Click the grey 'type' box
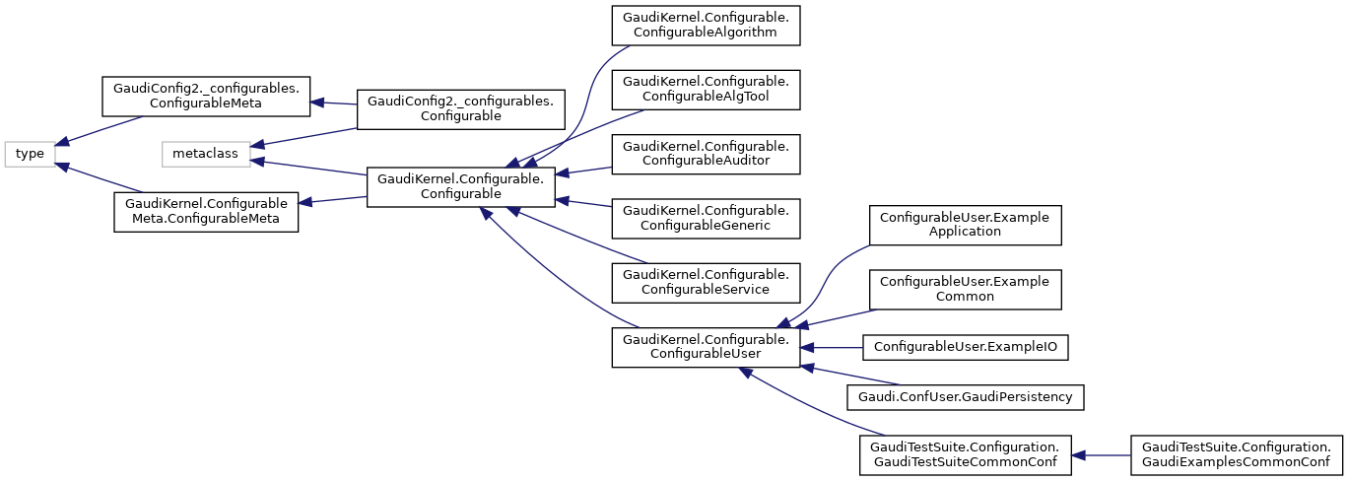click(30, 154)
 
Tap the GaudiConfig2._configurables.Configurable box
click(460, 107)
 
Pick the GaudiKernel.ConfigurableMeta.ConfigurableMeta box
click(206, 212)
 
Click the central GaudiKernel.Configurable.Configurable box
click(460, 187)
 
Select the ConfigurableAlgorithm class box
click(705, 25)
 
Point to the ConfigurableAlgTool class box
click(705, 89)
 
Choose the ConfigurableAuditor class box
click(705, 154)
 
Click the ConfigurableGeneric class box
click(705, 218)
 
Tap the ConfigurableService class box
click(705, 283)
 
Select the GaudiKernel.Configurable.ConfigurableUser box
click(705, 347)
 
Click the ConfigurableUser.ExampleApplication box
click(964, 224)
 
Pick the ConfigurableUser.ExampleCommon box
click(964, 289)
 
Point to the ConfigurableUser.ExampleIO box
click(966, 347)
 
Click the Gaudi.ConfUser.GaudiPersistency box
click(966, 396)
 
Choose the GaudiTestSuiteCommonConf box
click(964, 454)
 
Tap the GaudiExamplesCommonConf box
click(1237, 454)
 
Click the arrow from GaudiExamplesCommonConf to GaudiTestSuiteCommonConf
click(1102, 454)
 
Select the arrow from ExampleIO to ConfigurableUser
click(832, 347)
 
